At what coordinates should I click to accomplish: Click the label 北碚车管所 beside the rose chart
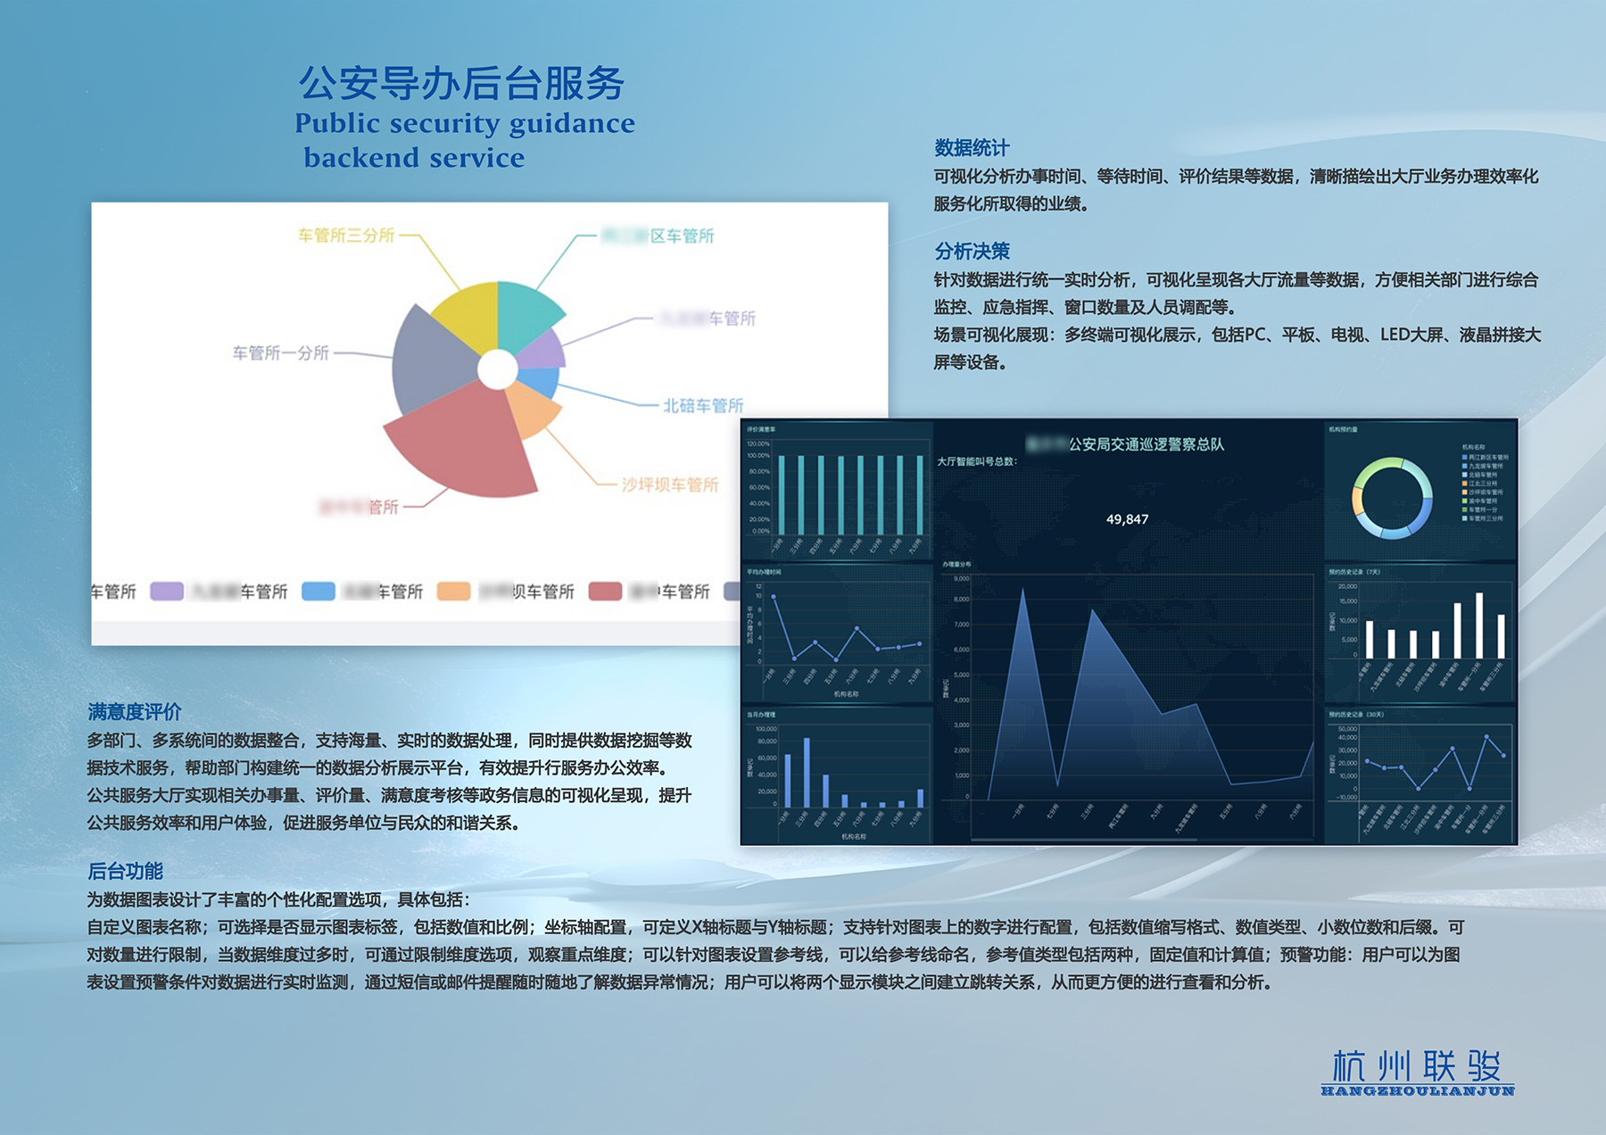coord(703,406)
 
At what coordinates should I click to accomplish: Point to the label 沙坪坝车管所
coord(669,485)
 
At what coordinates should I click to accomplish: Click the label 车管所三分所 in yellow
coord(346,236)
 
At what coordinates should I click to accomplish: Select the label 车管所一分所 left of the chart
coord(281,353)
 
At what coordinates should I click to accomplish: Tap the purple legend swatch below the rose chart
coord(167,592)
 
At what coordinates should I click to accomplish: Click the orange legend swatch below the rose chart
coord(453,592)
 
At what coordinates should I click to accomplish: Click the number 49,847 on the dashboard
coord(1127,519)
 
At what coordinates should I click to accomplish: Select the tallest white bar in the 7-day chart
coord(1479,625)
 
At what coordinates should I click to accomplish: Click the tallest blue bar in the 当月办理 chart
coord(807,772)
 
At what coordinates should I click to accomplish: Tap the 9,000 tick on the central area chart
coord(961,579)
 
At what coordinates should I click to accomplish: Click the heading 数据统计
coord(972,148)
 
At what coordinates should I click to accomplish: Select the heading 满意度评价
coord(135,712)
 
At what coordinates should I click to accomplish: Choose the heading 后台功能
coord(125,871)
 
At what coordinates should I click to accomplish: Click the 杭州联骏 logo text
coord(1417,1066)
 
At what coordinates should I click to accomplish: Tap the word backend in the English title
coord(361,158)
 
